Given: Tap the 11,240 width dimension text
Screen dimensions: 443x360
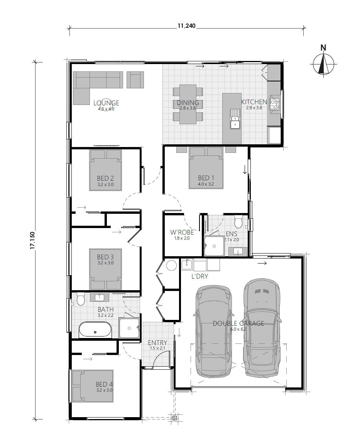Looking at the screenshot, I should tap(186, 26).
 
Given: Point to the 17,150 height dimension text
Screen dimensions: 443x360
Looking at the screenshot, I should tap(33, 240).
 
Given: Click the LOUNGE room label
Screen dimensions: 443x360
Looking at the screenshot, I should tap(106, 103).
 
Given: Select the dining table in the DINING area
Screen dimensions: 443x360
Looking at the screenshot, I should tap(188, 104).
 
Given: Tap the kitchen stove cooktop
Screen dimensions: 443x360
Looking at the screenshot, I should tap(275, 103).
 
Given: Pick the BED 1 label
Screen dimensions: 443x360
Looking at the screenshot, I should tap(206, 178).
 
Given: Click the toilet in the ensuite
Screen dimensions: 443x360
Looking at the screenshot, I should tap(238, 222).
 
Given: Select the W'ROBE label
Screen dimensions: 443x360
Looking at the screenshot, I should tap(182, 232).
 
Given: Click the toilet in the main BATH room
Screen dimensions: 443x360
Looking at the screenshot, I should tap(81, 299).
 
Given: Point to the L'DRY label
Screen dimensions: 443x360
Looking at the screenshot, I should tap(200, 276).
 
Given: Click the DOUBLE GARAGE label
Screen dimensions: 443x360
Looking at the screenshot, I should tap(238, 323).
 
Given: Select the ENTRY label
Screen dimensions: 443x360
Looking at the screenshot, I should tap(157, 343).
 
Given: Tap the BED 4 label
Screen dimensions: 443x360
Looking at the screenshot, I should tap(104, 384).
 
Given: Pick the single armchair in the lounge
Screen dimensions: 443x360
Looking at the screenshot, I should tap(135, 80).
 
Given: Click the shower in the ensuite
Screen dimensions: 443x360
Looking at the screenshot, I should tap(214, 246).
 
